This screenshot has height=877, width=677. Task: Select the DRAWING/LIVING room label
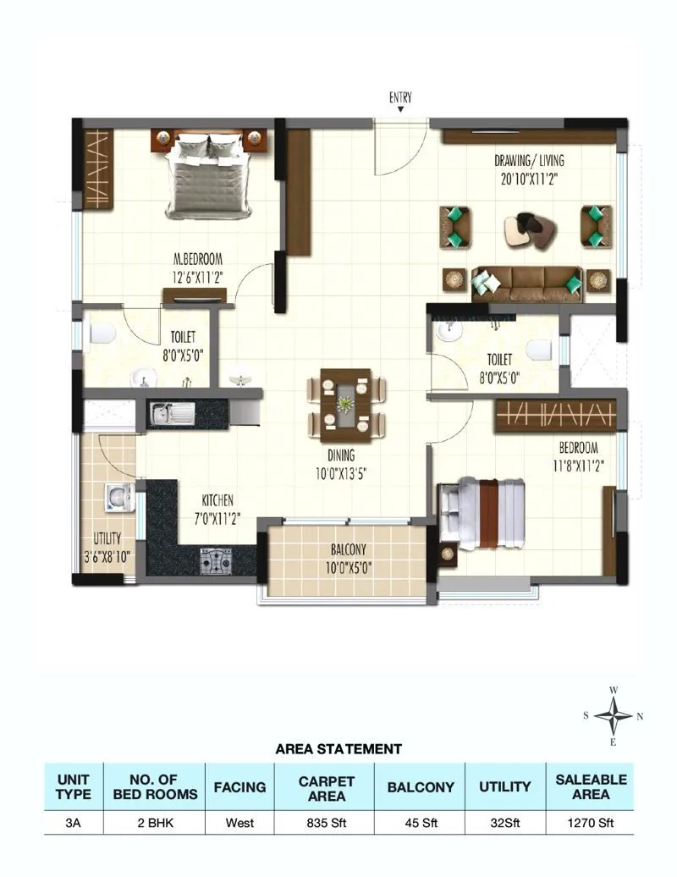click(529, 161)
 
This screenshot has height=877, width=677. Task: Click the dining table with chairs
click(346, 405)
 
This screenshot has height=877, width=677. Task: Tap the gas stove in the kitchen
click(215, 560)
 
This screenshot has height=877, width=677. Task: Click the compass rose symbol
click(614, 715)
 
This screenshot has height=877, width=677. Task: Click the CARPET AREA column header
click(327, 787)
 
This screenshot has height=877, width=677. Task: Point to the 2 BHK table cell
click(154, 821)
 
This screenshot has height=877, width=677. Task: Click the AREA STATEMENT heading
click(338, 748)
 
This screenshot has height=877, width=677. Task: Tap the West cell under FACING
click(239, 821)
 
